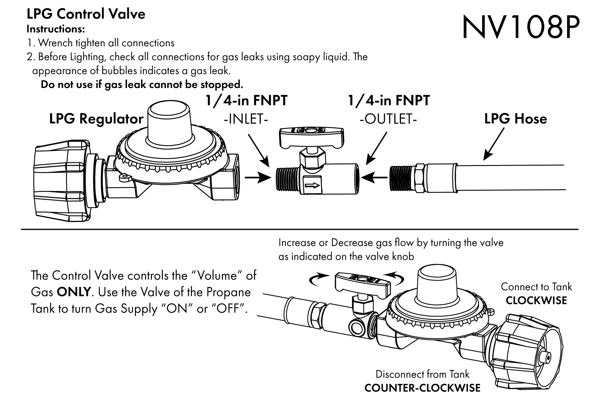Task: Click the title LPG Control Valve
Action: pos(86,14)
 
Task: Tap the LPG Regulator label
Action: pos(96,119)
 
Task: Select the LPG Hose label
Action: pos(515,119)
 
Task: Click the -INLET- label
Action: pos(246,120)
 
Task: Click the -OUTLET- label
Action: pos(388,120)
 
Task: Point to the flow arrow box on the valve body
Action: pos(312,185)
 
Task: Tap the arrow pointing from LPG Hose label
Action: pos(494,144)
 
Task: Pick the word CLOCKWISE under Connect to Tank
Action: pos(536,301)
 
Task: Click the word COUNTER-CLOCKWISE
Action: pos(422,388)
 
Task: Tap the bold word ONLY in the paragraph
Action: pos(74,292)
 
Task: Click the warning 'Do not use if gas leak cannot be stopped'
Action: pos(142,85)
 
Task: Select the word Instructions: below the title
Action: pos(56,29)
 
